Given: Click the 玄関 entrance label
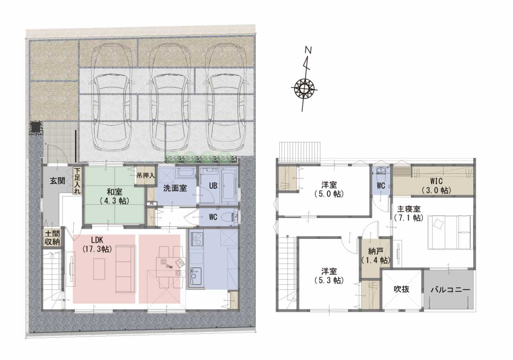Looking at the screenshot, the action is tap(57, 181).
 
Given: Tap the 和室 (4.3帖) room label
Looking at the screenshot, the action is tap(114, 196).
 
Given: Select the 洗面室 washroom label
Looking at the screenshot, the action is tap(175, 188).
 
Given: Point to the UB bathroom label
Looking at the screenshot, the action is tap(213, 186).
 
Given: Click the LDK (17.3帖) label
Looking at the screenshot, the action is tap(97, 245).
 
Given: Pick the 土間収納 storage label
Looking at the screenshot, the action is tap(52, 238).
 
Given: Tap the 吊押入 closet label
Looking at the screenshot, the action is tap(145, 176).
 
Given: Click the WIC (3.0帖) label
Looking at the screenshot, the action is tap(436, 186).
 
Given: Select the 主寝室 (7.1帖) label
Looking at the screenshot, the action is tap(408, 213).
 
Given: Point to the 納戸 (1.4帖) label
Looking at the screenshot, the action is tap(376, 256).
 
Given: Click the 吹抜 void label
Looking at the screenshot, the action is tap(401, 289).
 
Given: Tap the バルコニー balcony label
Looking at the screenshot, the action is tap(450, 290).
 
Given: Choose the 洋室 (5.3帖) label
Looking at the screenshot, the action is tap(329, 276).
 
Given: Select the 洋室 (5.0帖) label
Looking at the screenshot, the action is tap(329, 189).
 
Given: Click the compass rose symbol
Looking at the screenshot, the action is tap(304, 89).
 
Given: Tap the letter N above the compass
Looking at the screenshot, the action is tap(308, 51).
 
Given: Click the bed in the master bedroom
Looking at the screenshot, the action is tap(450, 232).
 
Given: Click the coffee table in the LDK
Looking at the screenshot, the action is tap(99, 269).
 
